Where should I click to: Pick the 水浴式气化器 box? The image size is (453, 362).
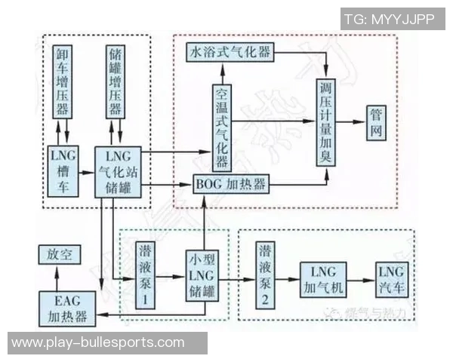point(229,53)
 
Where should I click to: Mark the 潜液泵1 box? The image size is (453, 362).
point(146,276)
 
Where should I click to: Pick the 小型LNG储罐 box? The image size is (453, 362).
point(202,276)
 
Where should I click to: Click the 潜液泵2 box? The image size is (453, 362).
point(267,276)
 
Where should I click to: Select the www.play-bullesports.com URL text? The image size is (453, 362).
point(98,342)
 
